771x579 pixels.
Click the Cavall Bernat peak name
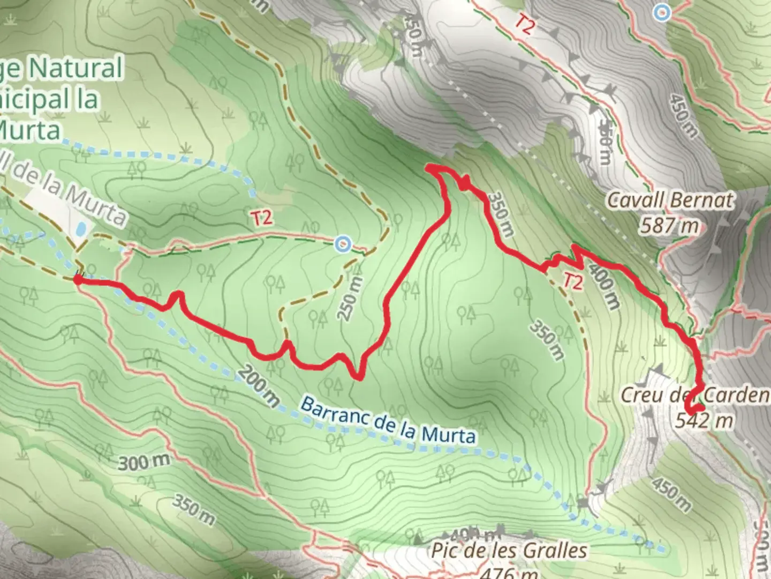coord(670,201)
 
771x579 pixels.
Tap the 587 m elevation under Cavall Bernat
coord(669,225)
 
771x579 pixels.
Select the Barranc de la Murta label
coord(388,420)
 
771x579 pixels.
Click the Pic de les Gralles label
coord(509,551)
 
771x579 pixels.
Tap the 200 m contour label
coord(259,385)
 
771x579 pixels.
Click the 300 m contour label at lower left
coord(144,462)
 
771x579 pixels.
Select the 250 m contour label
coord(351,299)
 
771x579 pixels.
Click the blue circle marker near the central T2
coord(343,245)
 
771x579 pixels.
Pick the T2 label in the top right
coord(525,25)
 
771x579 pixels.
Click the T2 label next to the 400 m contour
coord(572,281)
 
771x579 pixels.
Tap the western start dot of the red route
coord(78,279)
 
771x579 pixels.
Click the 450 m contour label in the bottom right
coord(671,493)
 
